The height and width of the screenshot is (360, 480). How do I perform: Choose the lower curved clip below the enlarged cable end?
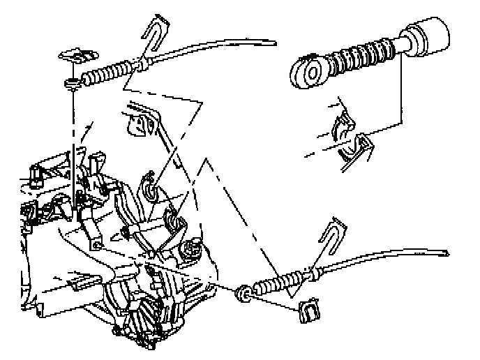[x=356, y=149]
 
